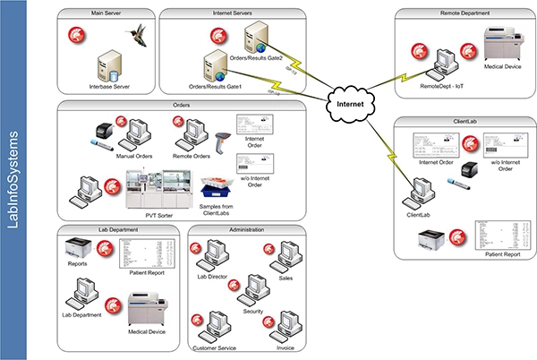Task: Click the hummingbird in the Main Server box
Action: (x=137, y=39)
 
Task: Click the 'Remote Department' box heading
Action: (x=462, y=14)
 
